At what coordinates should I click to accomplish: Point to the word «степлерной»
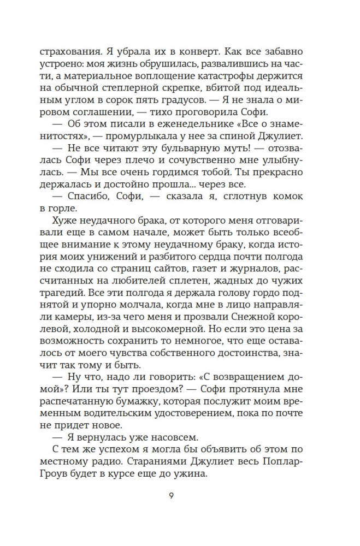click(137, 88)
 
